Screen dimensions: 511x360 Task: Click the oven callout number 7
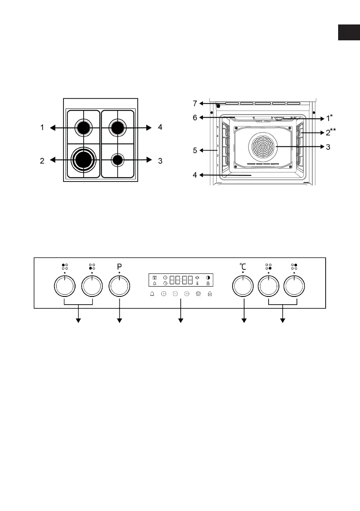tap(195, 103)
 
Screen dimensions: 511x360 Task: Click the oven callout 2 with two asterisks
tap(330, 133)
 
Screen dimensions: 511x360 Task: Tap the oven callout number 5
tap(195, 151)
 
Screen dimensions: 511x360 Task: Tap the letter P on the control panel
tap(119, 266)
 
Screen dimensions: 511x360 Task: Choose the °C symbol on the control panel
tap(242, 266)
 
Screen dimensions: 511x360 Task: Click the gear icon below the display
tap(198, 294)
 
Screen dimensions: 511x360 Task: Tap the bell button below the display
tap(151, 294)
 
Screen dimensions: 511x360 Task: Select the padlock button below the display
tap(210, 294)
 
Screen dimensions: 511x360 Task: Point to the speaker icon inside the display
tap(197, 278)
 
